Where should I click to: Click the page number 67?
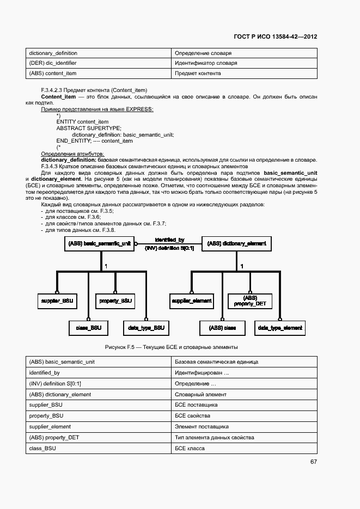314,462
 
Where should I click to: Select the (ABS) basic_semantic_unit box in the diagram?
99,243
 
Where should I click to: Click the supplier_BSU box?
57,301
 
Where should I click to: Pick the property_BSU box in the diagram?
115,301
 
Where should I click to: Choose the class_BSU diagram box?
88,328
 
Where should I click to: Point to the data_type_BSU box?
146,328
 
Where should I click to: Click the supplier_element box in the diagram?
192,301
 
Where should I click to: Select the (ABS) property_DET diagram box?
250,301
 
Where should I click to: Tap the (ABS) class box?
222,328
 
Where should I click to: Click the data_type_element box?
280,328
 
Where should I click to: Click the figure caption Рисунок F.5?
171,347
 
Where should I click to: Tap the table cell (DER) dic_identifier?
53,63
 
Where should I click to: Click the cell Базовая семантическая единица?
216,362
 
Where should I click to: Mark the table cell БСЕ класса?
190,448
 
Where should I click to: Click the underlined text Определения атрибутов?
72,154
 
